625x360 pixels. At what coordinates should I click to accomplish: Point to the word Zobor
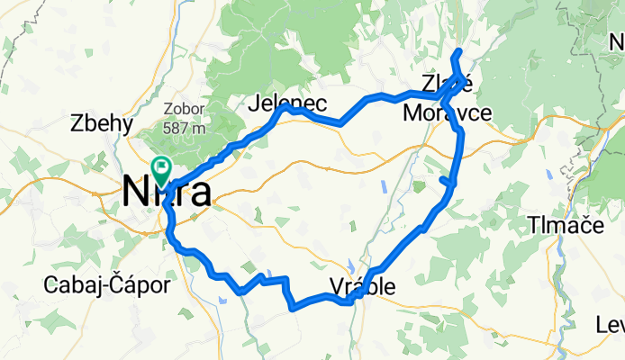pyautogui.click(x=183, y=110)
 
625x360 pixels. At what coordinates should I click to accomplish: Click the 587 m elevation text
pyautogui.click(x=186, y=127)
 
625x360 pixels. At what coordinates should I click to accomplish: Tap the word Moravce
pyautogui.click(x=447, y=113)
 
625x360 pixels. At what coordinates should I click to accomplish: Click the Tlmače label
pyautogui.click(x=566, y=224)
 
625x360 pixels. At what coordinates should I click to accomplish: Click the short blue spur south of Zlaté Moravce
pyautogui.click(x=448, y=182)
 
